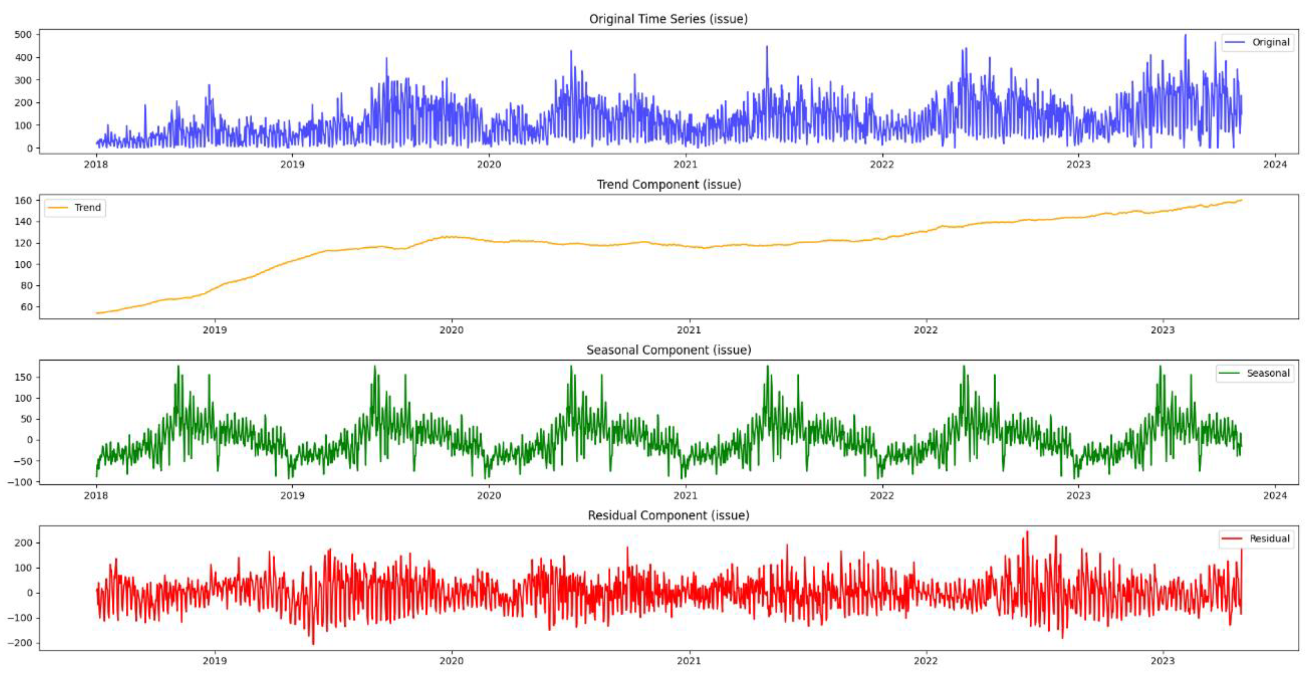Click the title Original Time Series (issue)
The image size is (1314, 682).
coord(668,19)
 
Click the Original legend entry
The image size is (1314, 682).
coord(1270,42)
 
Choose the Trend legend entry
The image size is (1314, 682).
coord(87,208)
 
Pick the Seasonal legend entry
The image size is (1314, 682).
coord(1268,373)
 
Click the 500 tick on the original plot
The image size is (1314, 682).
coord(23,35)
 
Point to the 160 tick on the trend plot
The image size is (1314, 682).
coord(23,201)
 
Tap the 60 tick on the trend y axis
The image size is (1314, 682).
coord(26,307)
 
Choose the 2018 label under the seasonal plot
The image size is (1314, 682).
coord(96,495)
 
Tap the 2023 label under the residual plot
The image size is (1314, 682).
coord(1162,661)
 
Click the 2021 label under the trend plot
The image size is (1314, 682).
coord(688,330)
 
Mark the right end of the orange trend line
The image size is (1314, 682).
coord(1241,200)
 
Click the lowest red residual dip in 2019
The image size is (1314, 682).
coord(313,644)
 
